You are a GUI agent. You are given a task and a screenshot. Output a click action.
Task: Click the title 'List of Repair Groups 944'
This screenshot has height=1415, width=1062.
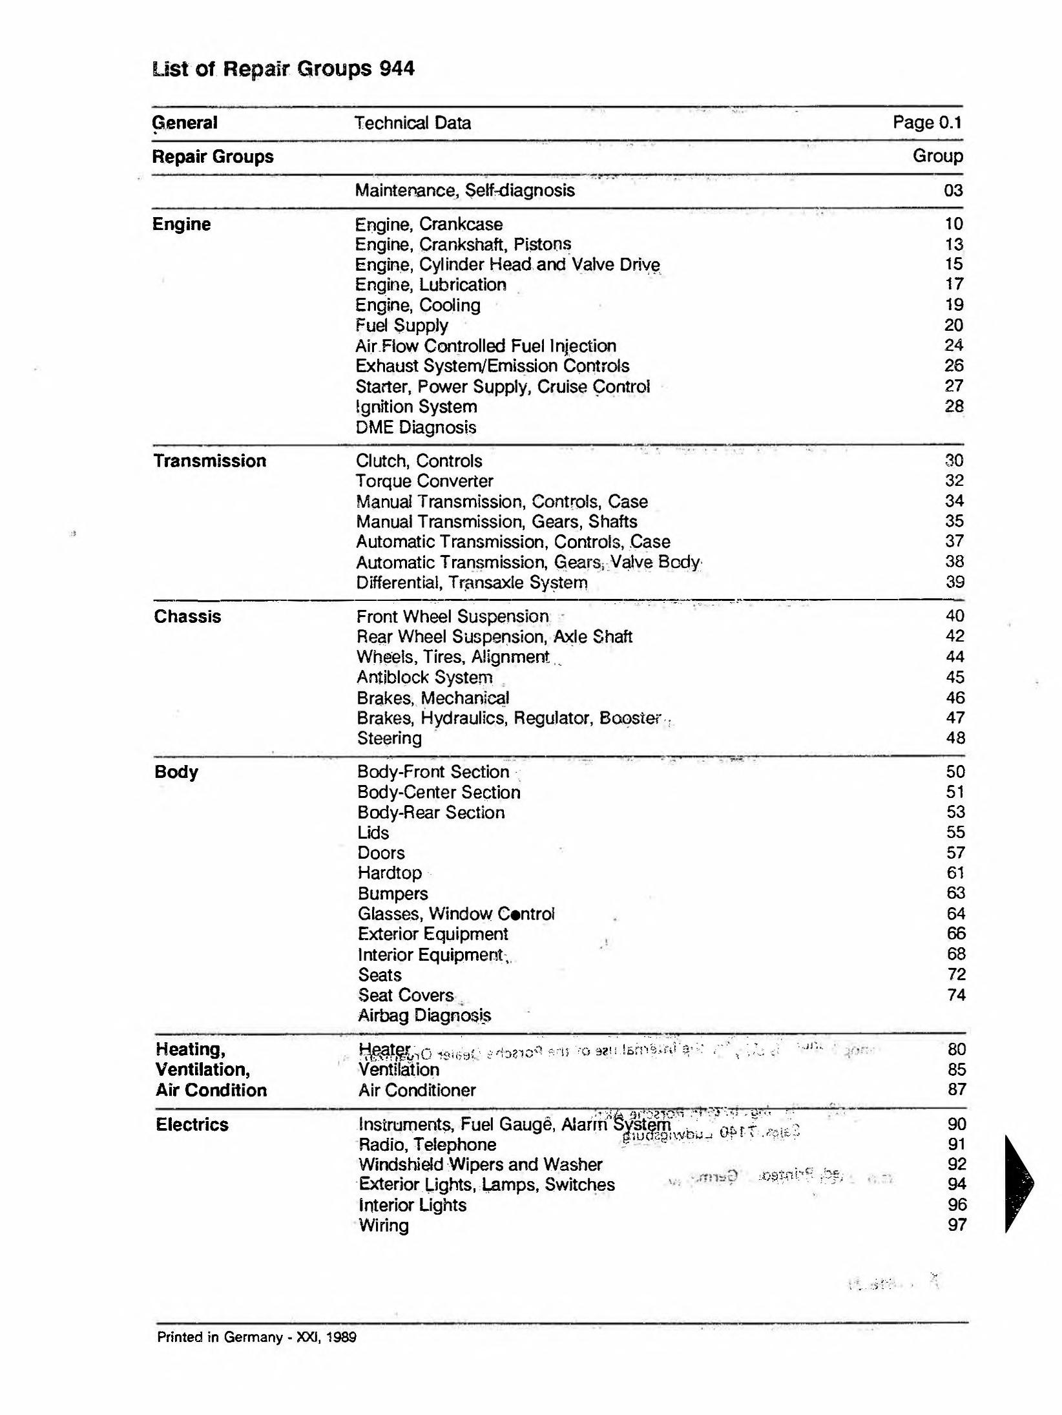(x=283, y=68)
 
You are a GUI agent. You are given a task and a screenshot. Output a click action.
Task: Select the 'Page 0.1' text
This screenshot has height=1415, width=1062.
(x=927, y=122)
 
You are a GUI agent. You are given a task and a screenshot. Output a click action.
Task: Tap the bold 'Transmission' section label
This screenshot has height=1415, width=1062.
(x=210, y=461)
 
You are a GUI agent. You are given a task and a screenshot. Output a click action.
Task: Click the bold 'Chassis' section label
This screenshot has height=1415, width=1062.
(x=187, y=616)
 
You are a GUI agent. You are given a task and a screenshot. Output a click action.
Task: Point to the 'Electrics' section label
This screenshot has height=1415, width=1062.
(x=192, y=1124)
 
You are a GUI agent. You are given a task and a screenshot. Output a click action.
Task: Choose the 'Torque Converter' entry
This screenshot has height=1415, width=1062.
(x=424, y=481)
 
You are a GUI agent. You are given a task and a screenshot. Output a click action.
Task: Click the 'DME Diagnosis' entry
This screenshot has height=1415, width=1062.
(x=416, y=427)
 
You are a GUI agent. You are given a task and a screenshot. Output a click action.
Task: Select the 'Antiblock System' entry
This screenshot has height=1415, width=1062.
(x=424, y=677)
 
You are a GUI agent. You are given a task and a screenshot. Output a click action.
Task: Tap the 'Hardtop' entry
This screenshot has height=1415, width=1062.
(x=390, y=873)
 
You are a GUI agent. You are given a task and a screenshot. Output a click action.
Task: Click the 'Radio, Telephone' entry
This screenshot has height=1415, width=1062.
(x=428, y=1144)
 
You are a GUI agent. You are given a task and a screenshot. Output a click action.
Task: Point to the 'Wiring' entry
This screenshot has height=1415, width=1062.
(x=384, y=1225)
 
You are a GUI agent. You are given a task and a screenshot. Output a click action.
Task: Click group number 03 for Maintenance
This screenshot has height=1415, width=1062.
(x=953, y=190)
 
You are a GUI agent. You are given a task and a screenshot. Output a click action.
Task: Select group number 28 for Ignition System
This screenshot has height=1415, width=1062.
(x=953, y=406)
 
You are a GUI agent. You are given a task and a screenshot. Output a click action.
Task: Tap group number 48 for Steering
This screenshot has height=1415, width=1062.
(x=955, y=738)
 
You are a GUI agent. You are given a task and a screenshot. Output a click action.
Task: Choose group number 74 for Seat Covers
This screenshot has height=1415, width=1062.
(x=956, y=995)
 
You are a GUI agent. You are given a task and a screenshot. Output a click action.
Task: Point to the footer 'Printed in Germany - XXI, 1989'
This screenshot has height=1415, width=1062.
(x=256, y=1337)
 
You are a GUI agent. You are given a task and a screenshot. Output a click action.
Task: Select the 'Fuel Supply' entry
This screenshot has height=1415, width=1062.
(x=401, y=325)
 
